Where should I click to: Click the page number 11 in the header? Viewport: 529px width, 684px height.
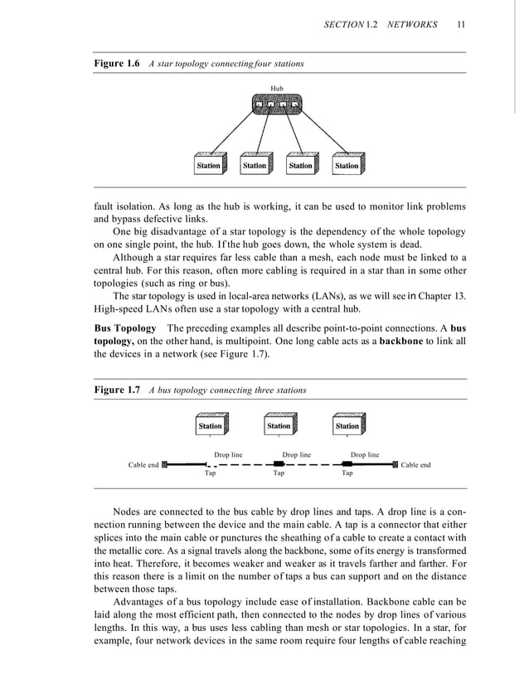pos(460,25)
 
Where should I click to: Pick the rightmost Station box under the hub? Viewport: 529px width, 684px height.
pos(347,165)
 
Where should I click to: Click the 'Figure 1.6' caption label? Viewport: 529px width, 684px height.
pos(115,64)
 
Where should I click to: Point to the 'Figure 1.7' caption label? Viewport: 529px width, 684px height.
pos(115,390)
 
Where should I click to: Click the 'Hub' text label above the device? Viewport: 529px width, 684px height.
pos(277,86)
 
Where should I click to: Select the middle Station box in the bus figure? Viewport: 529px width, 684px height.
pos(279,425)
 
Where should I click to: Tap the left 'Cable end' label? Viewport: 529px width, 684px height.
pos(143,465)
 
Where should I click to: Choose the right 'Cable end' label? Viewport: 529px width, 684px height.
pos(415,465)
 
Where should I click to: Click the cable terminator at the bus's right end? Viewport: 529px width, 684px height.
pos(396,465)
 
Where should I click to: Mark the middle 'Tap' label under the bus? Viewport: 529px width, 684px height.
pos(279,474)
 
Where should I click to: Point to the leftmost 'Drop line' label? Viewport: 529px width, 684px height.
pos(228,455)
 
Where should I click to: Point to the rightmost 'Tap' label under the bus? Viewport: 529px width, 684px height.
pos(347,474)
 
